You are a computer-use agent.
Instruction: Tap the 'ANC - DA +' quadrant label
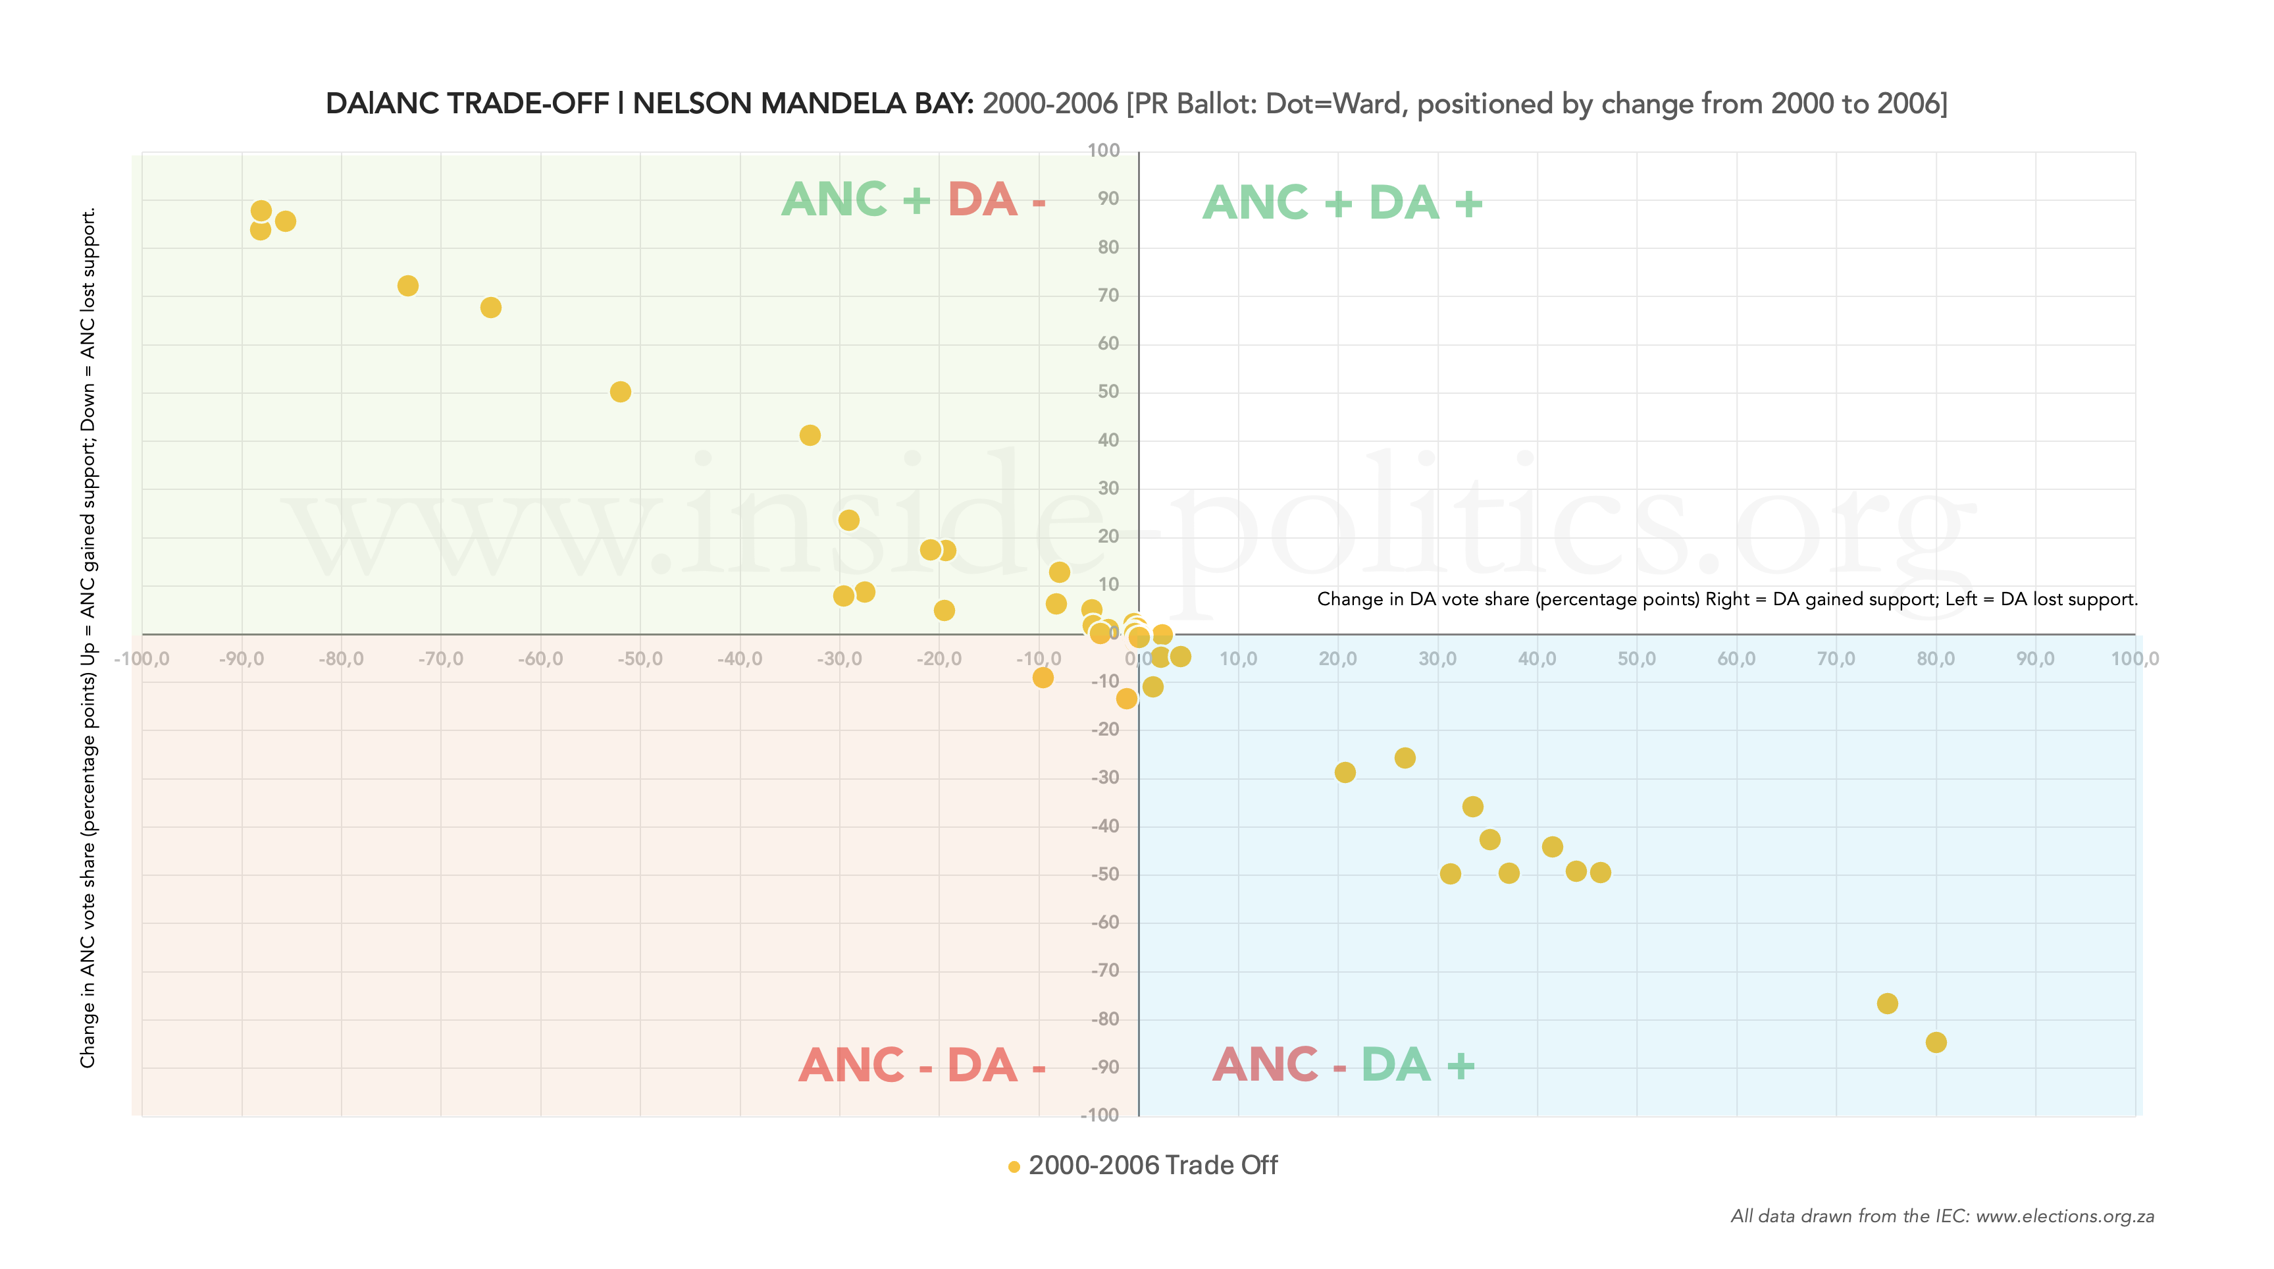click(1343, 1064)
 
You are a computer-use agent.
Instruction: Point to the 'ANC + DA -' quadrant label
click(914, 200)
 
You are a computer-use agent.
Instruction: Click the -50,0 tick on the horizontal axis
click(639, 659)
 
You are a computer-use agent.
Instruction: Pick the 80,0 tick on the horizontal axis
click(1935, 659)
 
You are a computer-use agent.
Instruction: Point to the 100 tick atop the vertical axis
click(1104, 151)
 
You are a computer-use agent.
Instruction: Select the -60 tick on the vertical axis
click(1105, 922)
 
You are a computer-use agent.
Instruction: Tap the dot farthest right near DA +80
click(1936, 1042)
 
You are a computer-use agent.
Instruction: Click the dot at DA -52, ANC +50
click(621, 391)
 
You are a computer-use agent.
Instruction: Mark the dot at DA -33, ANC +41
click(810, 435)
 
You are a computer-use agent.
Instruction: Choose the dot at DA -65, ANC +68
click(491, 308)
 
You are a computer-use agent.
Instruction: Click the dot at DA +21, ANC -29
click(1345, 772)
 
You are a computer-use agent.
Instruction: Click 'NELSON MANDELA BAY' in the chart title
click(802, 104)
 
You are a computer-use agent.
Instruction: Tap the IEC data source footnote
click(1942, 1216)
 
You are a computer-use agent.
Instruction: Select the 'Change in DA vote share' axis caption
click(1726, 600)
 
